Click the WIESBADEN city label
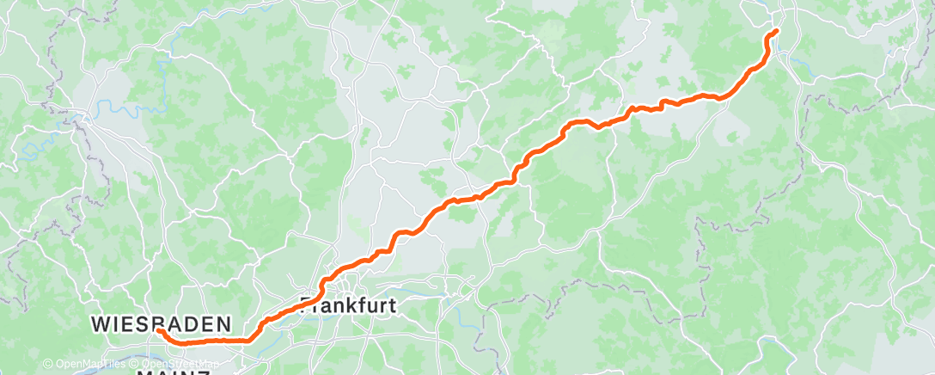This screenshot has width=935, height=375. point(162,324)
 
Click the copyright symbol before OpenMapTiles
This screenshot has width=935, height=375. point(49,365)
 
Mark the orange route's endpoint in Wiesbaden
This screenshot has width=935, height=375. point(159,330)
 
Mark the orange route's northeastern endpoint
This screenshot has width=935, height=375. point(776,31)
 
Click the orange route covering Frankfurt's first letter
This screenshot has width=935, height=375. point(304,302)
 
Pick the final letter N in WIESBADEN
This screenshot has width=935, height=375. point(224,324)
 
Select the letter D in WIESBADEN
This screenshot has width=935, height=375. point(192,324)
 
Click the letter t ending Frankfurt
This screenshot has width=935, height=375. point(389,304)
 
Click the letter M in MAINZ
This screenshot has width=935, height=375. point(144,372)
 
